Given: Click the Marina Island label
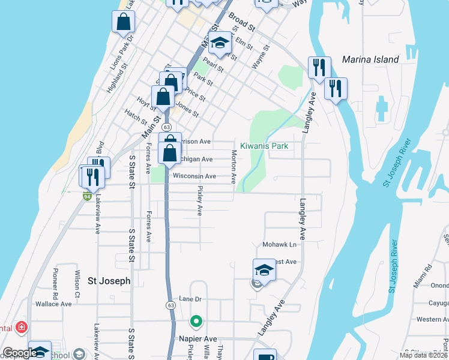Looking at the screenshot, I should click(x=370, y=59).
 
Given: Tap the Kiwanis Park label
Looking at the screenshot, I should click(x=264, y=146).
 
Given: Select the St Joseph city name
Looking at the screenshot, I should click(x=109, y=280).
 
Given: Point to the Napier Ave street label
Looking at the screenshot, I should click(x=197, y=339).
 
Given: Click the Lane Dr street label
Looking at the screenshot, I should click(x=193, y=298).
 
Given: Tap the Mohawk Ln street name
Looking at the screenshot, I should click(x=280, y=245).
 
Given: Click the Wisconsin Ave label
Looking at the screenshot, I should click(x=194, y=176).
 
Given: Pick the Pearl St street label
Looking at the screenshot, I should click(x=213, y=64).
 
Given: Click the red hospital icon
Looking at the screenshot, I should click(x=22, y=327).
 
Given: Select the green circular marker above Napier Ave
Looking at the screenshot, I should click(x=195, y=322).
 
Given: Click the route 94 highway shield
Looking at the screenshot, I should click(x=87, y=196).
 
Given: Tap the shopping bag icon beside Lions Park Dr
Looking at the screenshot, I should click(x=123, y=22).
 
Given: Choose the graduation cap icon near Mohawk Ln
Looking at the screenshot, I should click(x=264, y=270).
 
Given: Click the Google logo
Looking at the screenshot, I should click(x=20, y=353).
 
